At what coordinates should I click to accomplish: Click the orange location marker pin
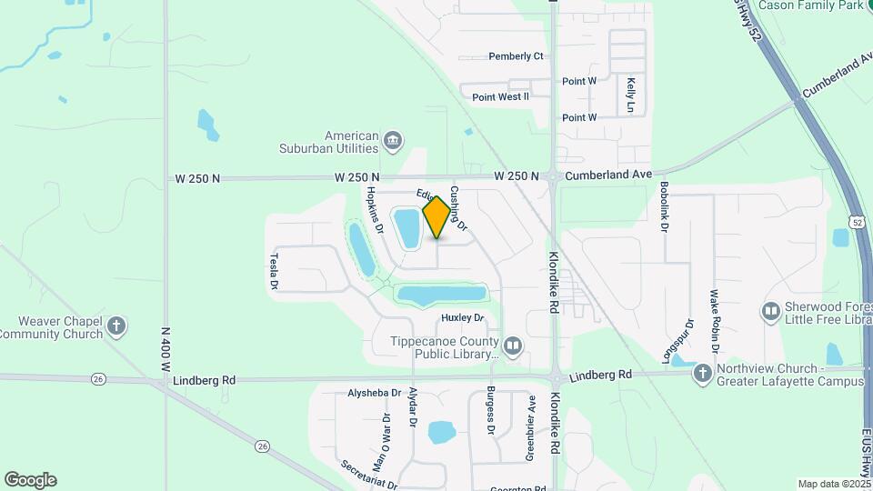(x=436, y=216)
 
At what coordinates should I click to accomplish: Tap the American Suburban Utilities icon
(x=393, y=140)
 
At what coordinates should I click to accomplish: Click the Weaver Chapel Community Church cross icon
(x=115, y=326)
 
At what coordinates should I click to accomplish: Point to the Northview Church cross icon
(x=701, y=373)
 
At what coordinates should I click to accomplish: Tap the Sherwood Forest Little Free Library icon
(x=770, y=312)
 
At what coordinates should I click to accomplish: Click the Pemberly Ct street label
(x=516, y=56)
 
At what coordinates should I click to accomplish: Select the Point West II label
(x=500, y=96)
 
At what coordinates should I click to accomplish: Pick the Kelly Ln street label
(x=630, y=95)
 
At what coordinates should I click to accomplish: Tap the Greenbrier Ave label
(x=530, y=427)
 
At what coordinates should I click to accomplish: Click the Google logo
(x=30, y=480)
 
